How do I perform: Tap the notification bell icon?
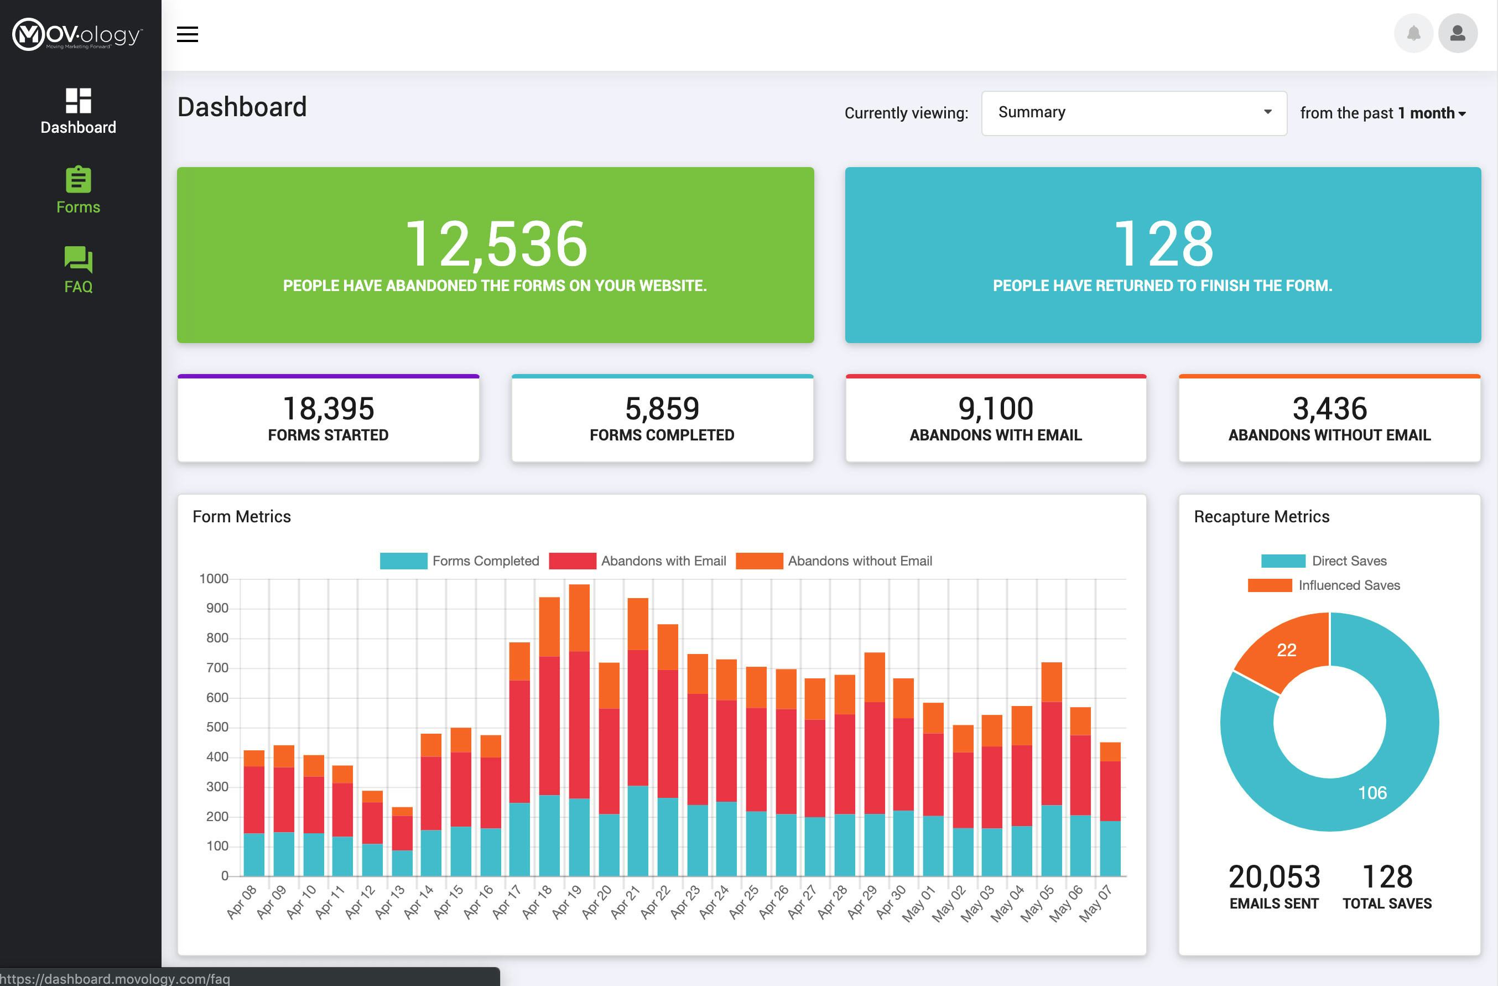(x=1413, y=33)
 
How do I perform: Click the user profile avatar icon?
(x=1457, y=33)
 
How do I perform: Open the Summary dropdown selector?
(x=1133, y=113)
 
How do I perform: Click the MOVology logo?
(x=77, y=35)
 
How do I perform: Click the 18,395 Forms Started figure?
(x=328, y=409)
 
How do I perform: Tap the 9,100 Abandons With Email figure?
(x=995, y=409)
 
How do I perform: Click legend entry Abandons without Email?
(x=859, y=561)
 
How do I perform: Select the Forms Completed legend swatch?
(x=403, y=561)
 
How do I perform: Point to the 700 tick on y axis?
(x=217, y=667)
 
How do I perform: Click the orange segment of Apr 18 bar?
(x=549, y=626)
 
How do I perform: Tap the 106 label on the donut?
(x=1372, y=793)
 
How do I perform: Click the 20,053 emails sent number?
(x=1274, y=877)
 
